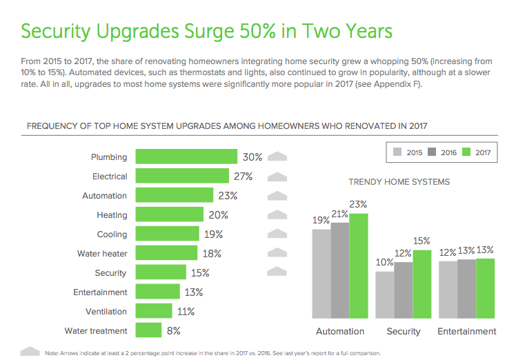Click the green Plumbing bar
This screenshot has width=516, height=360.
[x=186, y=157]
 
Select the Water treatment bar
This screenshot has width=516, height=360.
[x=148, y=330]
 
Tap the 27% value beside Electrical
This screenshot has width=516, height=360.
[x=243, y=176]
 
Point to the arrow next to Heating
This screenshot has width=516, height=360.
[x=277, y=214]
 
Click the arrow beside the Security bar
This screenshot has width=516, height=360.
[x=277, y=272]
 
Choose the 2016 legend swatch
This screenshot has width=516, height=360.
[x=433, y=152]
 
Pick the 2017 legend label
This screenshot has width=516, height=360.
[x=482, y=152]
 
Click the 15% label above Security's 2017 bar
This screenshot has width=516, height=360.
[x=421, y=241]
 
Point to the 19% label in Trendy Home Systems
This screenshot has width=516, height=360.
[x=321, y=221]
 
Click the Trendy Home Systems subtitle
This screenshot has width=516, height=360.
[x=399, y=182]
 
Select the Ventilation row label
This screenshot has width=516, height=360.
[x=106, y=311]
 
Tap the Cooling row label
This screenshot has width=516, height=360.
[x=112, y=234]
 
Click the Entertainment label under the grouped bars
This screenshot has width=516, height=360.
[x=467, y=331]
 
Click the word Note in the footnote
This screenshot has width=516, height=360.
[x=52, y=353]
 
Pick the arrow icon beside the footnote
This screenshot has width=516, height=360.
[x=30, y=352]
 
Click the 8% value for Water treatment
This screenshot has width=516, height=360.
[x=174, y=330]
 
